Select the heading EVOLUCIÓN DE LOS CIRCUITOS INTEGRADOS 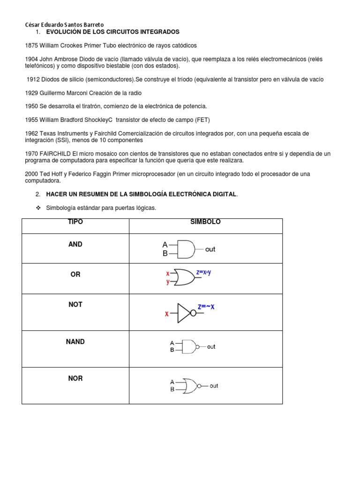click(x=112, y=32)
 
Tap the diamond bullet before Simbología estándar click(x=39, y=208)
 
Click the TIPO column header click(x=75, y=222)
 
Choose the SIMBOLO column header click(x=205, y=222)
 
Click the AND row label click(x=75, y=244)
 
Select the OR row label click(x=75, y=274)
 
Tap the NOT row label click(x=75, y=305)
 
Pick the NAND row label click(x=75, y=342)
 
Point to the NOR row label click(x=75, y=378)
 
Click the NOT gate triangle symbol click(x=183, y=313)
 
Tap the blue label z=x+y click(x=204, y=272)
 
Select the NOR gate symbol click(x=190, y=385)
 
